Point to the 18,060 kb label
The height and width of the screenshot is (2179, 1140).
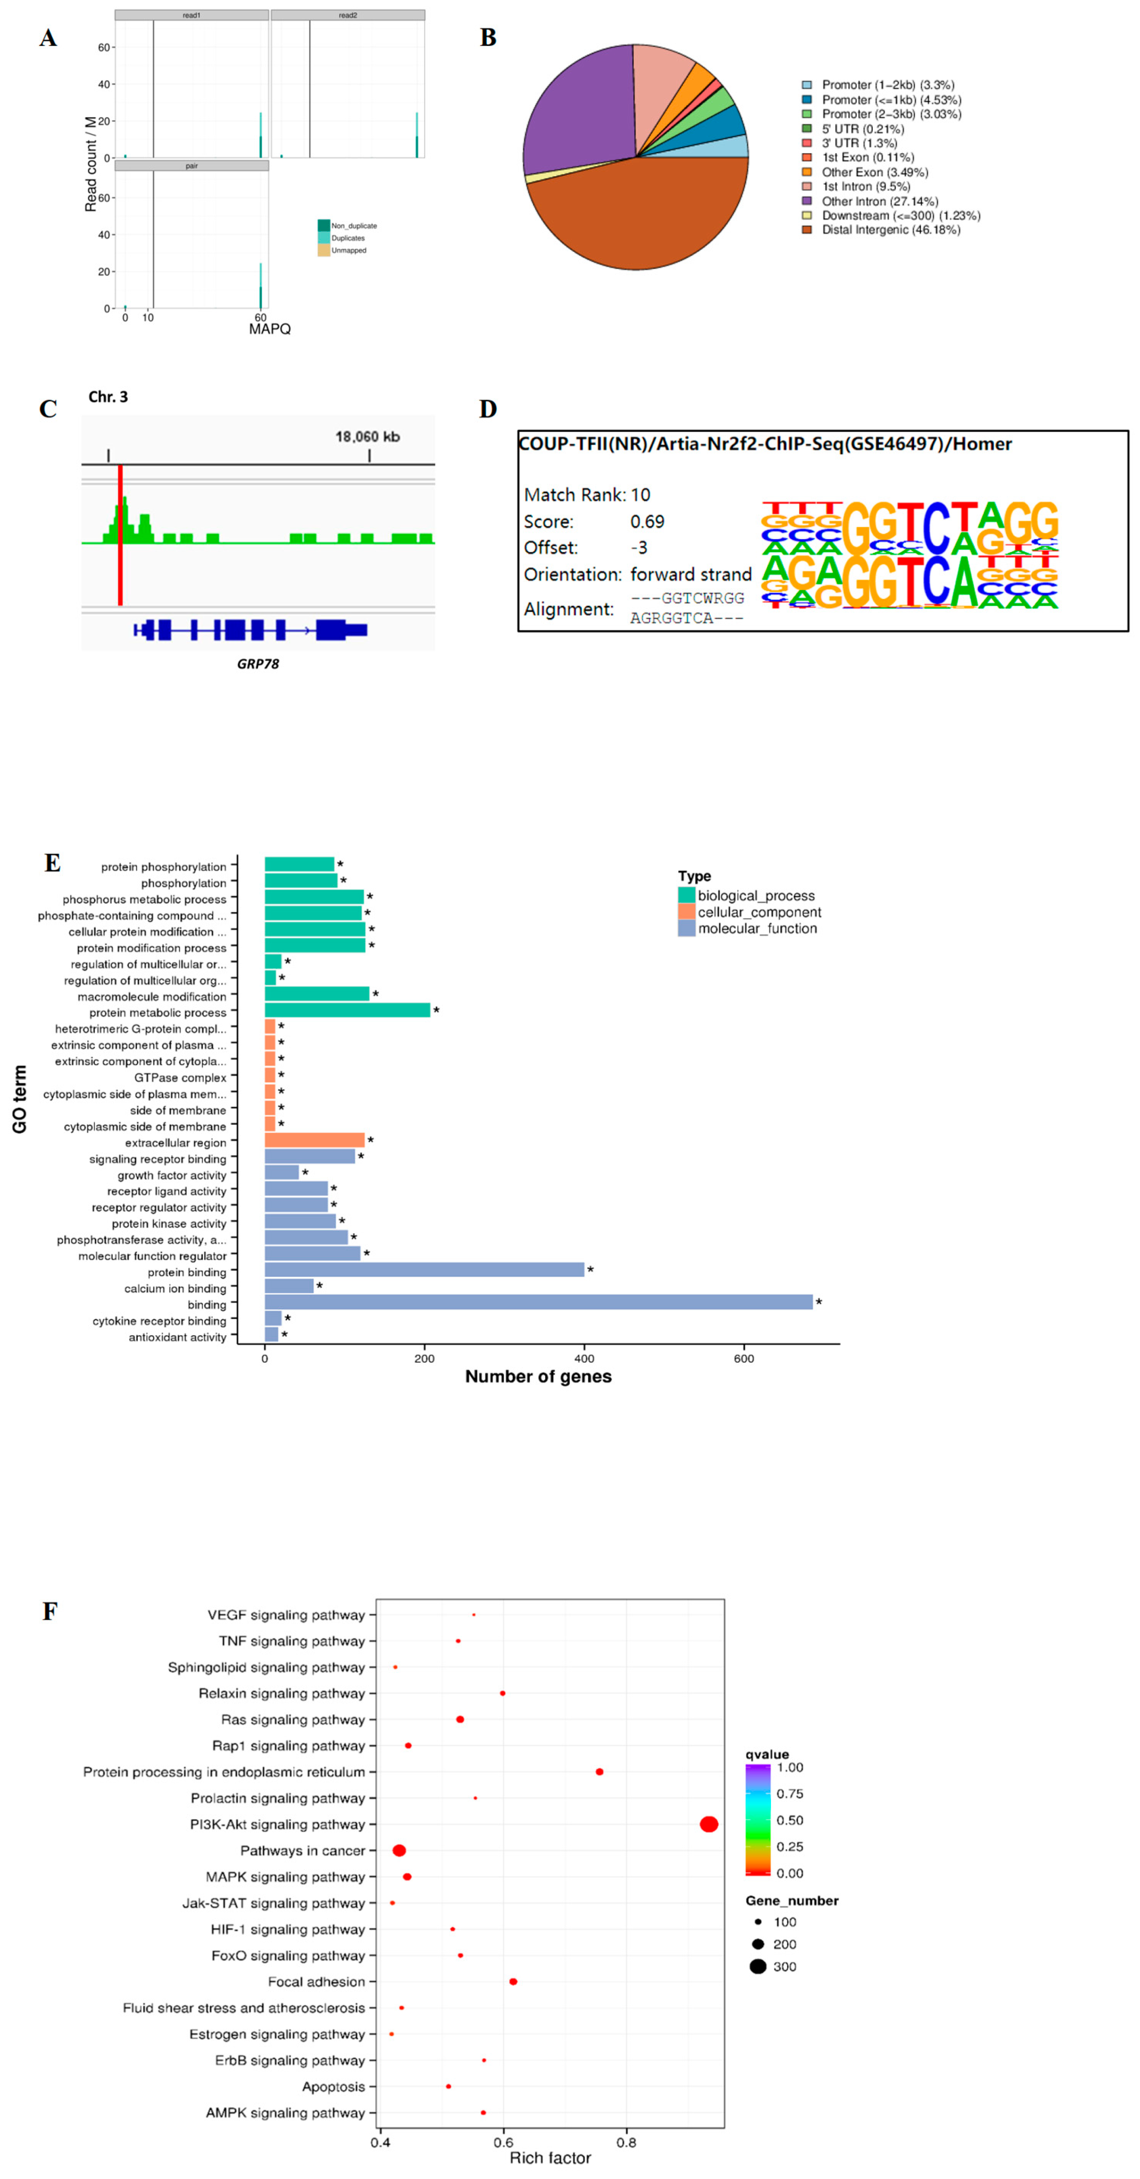(x=367, y=437)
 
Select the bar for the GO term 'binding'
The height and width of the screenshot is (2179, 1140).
(x=538, y=1302)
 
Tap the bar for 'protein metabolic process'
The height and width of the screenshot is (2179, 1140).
(x=347, y=1010)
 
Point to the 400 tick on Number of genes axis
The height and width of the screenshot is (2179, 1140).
(x=583, y=1359)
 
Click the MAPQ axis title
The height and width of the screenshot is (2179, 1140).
(x=270, y=329)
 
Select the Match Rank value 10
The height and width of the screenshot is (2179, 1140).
(x=640, y=495)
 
